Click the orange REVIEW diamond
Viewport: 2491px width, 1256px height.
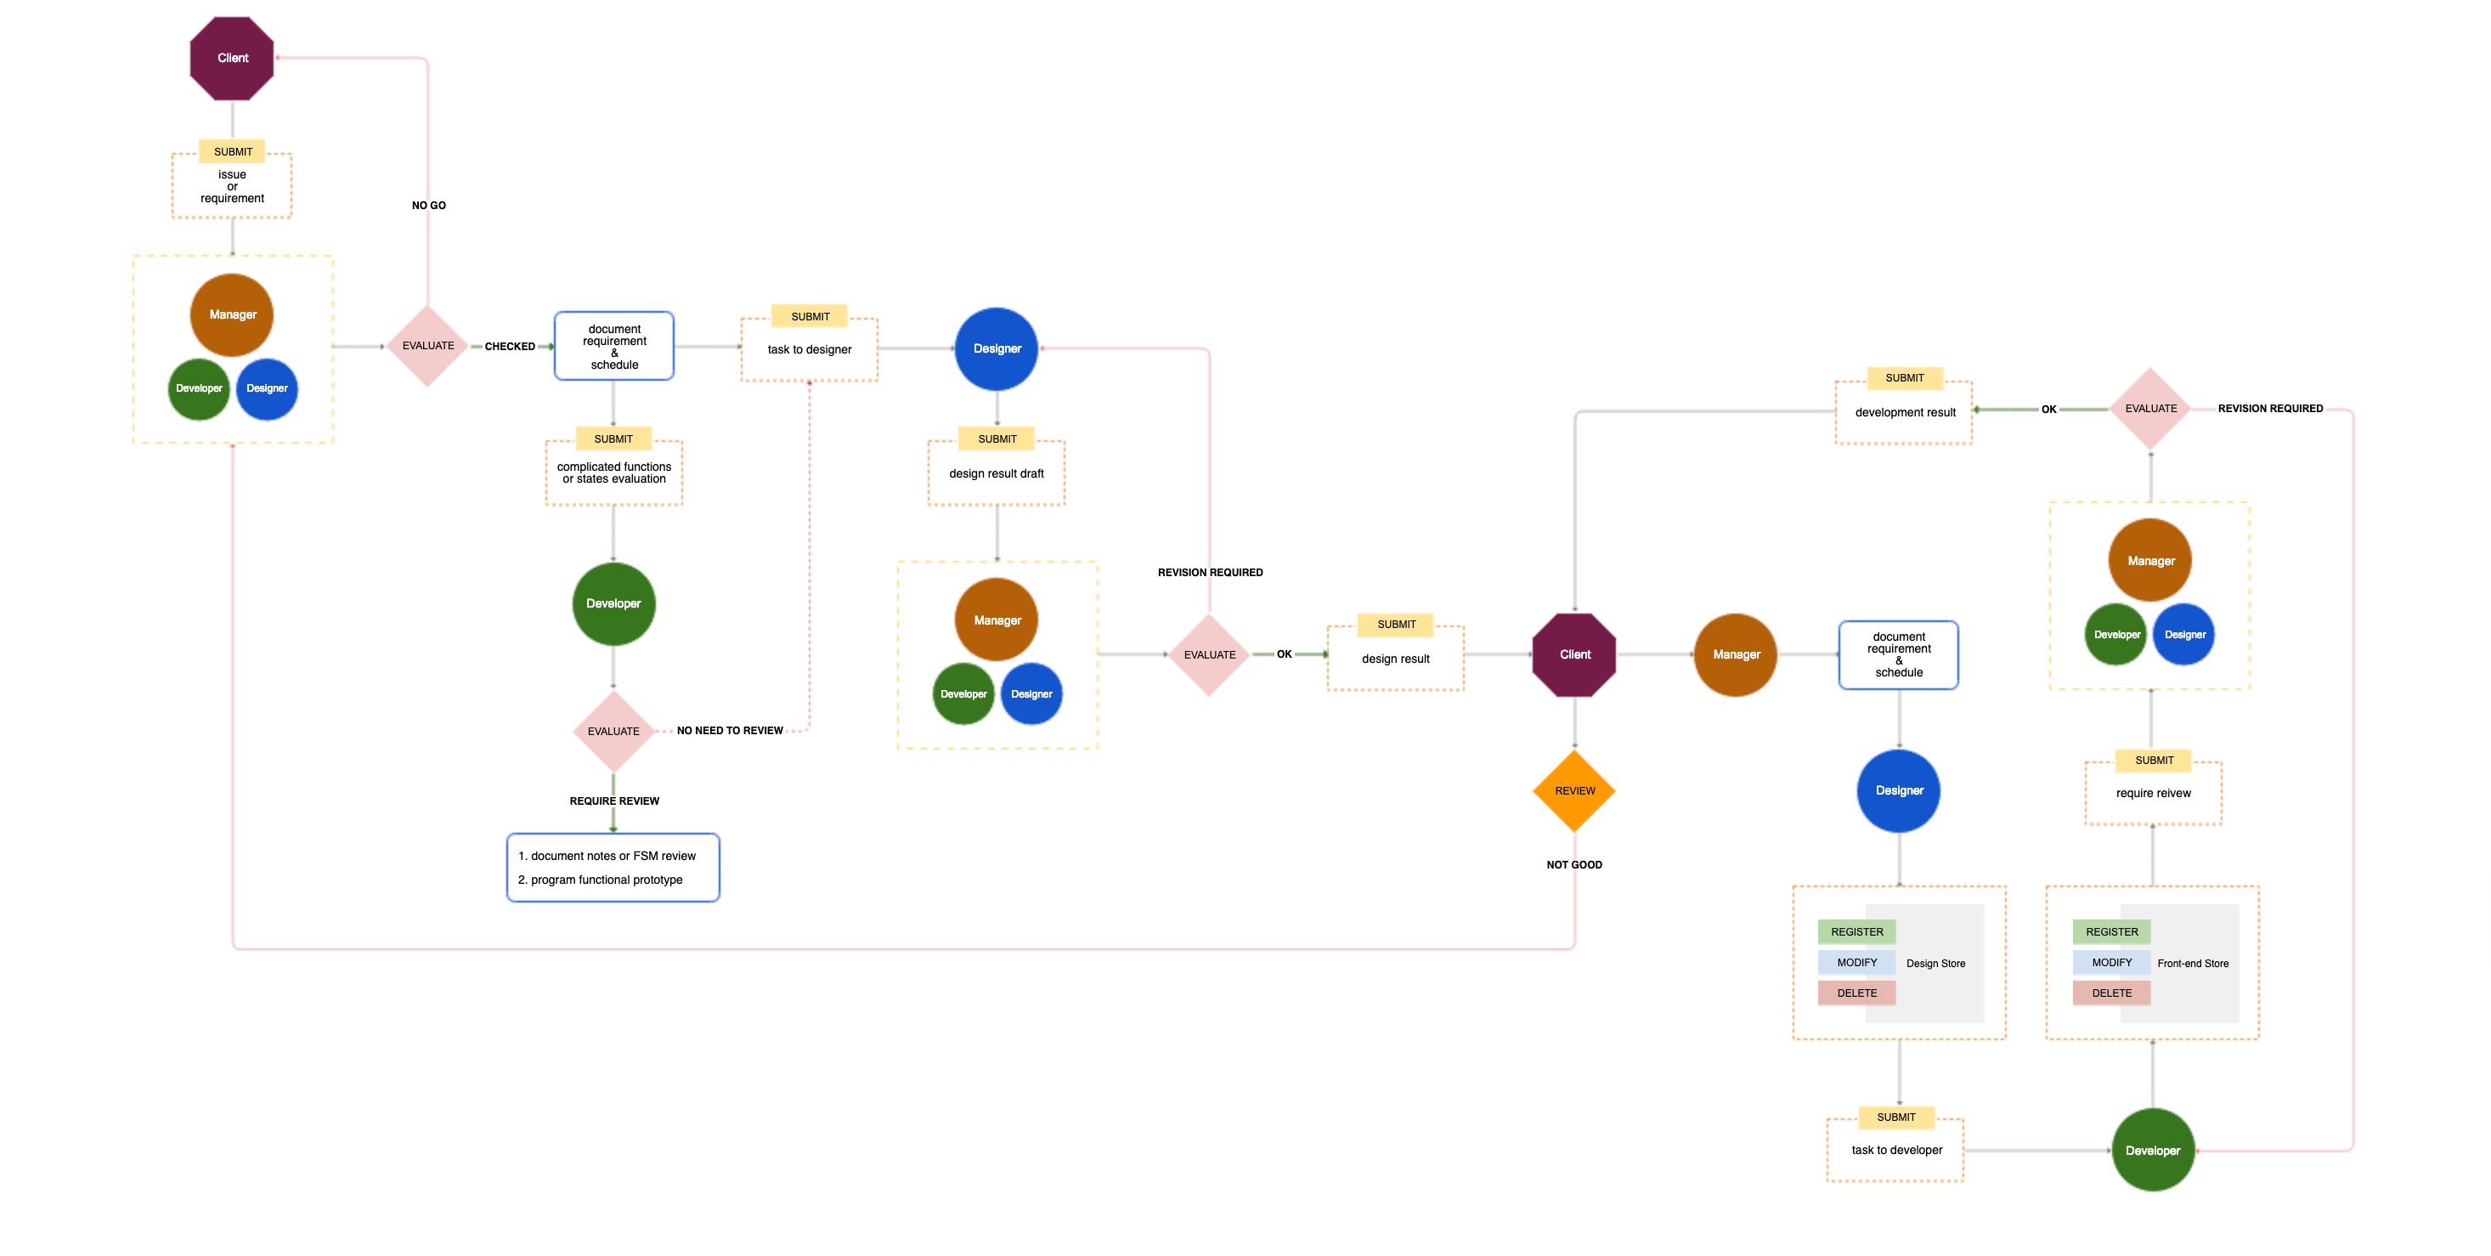(x=1574, y=791)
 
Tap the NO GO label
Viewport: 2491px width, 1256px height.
(x=428, y=205)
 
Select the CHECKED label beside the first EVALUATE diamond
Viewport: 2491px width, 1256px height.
(x=510, y=346)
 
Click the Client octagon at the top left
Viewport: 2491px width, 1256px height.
(x=232, y=58)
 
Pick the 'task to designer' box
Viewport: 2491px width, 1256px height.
(x=810, y=349)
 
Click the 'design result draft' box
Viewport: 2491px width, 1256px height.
(x=996, y=472)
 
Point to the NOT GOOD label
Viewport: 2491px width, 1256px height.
(x=1574, y=864)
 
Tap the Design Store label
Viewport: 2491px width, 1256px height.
(x=1935, y=963)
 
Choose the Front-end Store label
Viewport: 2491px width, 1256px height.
(x=2192, y=963)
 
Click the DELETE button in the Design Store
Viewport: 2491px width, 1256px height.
(x=1856, y=993)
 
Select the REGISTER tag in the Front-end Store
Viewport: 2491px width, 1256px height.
(x=2112, y=932)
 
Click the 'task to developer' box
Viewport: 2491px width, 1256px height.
(x=1896, y=1150)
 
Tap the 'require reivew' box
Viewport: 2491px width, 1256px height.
(x=2154, y=793)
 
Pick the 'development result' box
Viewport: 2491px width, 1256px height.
(x=1905, y=412)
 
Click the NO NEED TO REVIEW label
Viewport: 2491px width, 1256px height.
(x=730, y=731)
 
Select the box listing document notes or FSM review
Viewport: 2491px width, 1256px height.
(x=613, y=868)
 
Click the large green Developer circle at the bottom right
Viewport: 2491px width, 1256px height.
(x=2153, y=1151)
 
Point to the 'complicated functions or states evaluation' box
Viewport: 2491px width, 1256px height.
(x=614, y=472)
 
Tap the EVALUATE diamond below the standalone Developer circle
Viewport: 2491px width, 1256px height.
(x=613, y=731)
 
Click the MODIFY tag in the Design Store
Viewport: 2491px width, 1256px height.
(x=1856, y=962)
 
